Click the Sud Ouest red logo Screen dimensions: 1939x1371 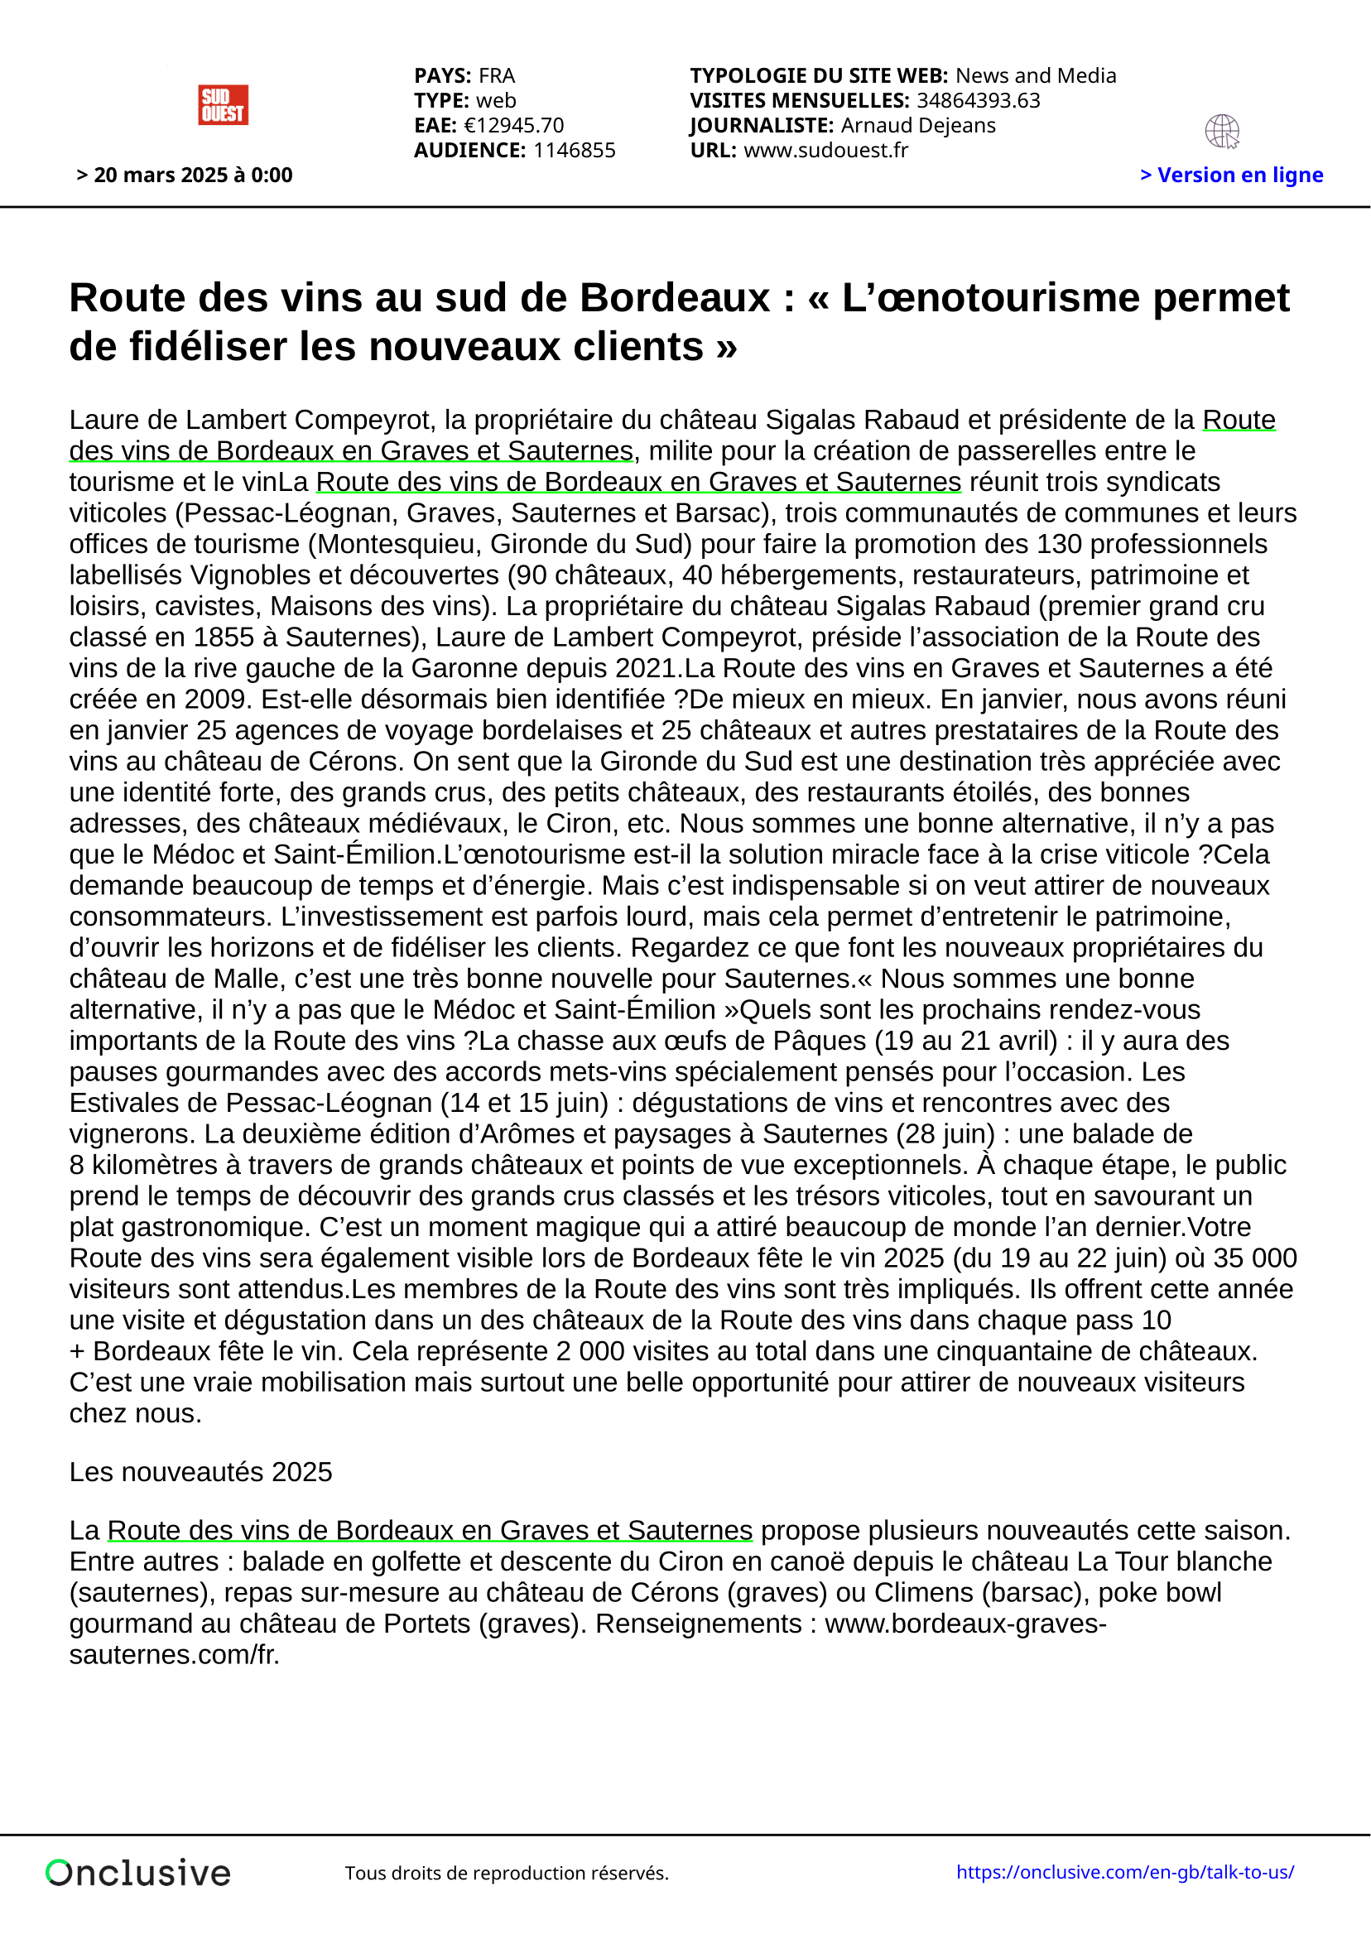(223, 104)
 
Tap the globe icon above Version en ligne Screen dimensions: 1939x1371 (1221, 132)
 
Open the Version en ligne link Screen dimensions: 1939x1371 (1232, 175)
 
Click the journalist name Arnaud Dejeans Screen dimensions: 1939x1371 (918, 125)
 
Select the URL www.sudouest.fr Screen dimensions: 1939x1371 (825, 151)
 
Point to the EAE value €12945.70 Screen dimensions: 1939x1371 (513, 125)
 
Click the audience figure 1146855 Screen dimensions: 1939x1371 (575, 151)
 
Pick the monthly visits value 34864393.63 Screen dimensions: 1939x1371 (979, 100)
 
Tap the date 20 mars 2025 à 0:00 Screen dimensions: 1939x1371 (185, 175)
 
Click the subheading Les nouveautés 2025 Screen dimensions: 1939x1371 (201, 1472)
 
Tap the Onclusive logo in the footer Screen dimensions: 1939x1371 (138, 1872)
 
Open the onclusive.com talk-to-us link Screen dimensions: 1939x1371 (1124, 1871)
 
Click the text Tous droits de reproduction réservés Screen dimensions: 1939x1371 (507, 1873)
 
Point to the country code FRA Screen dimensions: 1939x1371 (497, 76)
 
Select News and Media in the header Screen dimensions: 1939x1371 (1036, 76)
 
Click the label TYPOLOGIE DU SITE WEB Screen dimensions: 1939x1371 (819, 76)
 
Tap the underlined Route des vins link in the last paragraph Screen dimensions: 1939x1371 (429, 1530)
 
